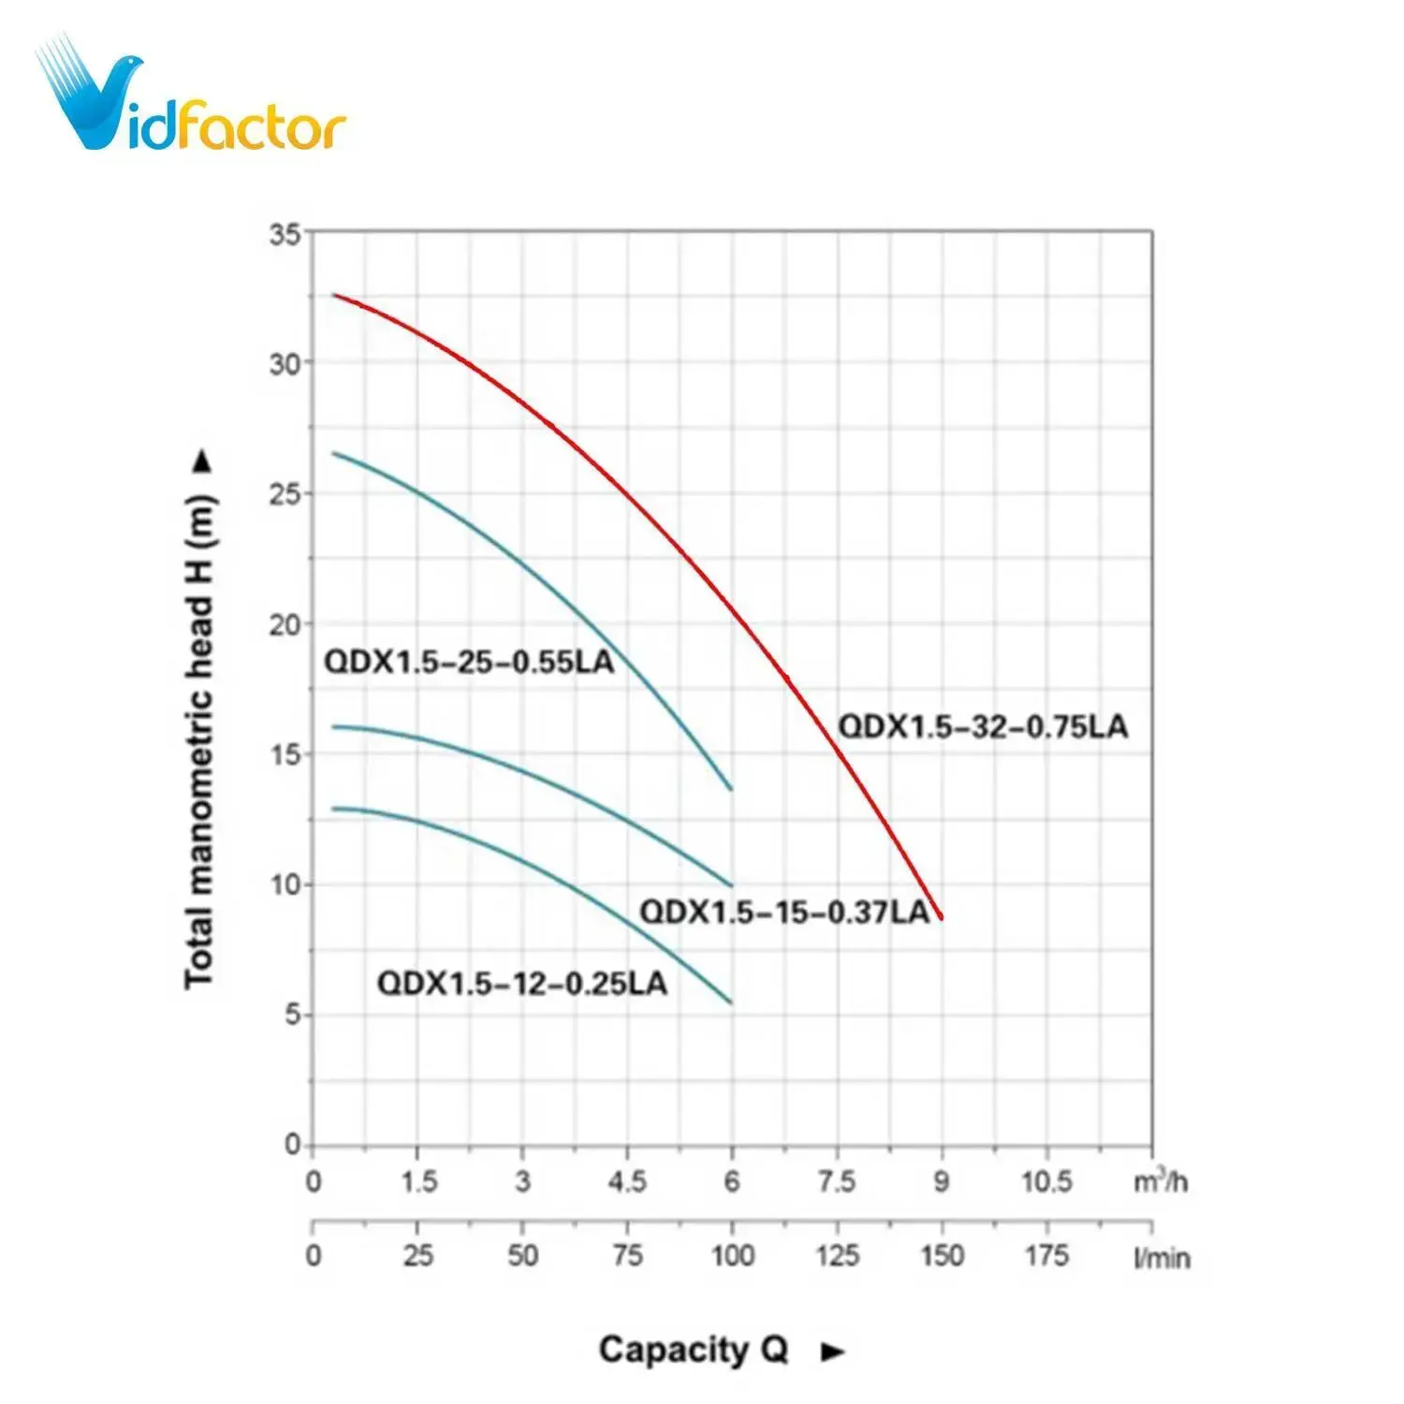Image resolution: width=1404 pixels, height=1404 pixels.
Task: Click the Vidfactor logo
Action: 191,97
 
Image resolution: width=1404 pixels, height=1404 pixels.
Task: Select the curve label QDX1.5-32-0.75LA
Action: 983,726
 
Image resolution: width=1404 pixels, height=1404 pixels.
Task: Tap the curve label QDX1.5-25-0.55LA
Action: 469,662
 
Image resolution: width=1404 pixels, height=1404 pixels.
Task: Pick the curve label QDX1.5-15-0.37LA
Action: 784,912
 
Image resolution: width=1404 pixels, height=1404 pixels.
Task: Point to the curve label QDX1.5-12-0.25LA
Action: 522,984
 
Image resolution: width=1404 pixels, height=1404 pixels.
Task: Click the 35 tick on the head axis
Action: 285,234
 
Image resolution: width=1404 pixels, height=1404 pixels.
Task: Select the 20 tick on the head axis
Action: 285,624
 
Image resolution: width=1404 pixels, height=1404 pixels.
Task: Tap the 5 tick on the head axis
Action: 293,1015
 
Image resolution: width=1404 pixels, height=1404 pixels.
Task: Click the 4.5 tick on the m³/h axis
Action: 627,1182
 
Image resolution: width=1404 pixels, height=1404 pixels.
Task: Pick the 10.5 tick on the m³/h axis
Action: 1046,1182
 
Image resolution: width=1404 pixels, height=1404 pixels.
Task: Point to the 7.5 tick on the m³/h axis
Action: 837,1182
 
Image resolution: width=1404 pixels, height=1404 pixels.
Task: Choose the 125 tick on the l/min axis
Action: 837,1255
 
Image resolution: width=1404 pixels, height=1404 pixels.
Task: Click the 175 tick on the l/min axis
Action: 1046,1255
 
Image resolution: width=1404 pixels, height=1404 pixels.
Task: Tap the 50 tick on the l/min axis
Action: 522,1255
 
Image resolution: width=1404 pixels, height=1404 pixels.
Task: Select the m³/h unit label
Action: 1161,1181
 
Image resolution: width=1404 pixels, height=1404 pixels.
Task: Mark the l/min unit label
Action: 1162,1258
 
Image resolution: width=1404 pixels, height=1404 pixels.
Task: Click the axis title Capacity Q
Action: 694,1350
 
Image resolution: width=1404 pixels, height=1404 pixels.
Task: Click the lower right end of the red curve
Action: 941,917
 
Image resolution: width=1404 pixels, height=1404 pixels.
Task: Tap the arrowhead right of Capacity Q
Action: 832,1352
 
